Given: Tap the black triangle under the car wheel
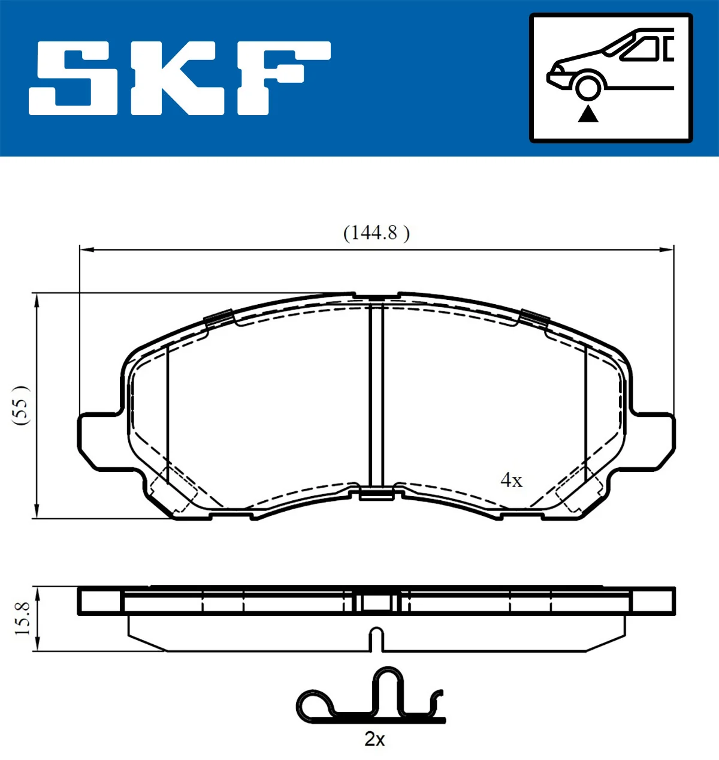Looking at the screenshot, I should coord(588,113).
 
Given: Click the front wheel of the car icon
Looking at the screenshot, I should coord(588,86).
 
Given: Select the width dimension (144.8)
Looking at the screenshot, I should coord(376,233).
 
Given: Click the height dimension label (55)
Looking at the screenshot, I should coord(21,405).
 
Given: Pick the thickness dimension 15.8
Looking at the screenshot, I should coord(22,618).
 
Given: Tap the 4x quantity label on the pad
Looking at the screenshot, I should coord(511,480).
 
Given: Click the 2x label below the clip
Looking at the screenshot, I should coord(374,739).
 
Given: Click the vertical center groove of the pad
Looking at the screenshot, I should coord(376,396).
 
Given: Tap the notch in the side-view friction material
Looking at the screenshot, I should coord(376,639).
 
